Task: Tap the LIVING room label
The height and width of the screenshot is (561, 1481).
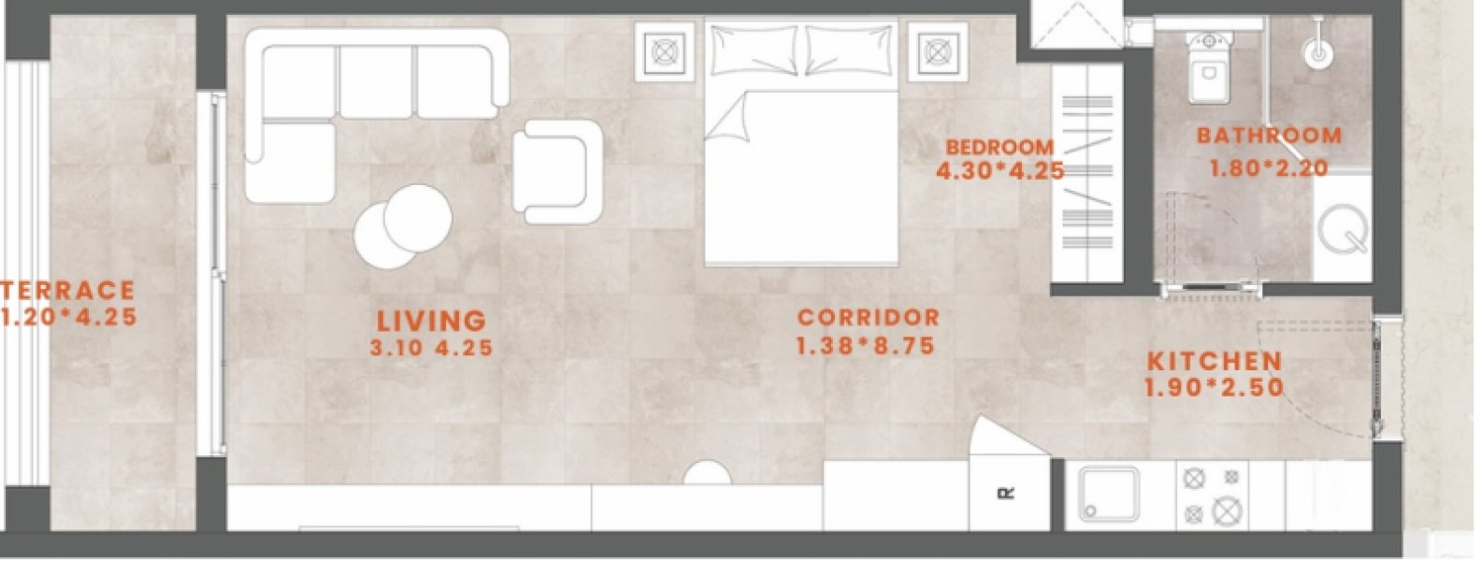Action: click(432, 321)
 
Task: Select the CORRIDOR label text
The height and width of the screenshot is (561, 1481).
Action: click(869, 318)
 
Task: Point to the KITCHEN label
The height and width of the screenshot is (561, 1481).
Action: click(1215, 361)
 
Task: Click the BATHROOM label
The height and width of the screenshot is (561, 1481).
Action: click(1270, 136)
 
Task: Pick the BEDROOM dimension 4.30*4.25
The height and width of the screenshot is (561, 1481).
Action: click(1000, 171)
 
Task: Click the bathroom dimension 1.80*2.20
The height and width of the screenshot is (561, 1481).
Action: click(1269, 168)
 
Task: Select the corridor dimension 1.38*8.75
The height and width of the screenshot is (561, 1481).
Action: click(866, 346)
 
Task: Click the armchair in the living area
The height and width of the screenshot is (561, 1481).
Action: click(557, 172)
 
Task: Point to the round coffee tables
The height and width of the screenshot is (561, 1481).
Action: click(403, 226)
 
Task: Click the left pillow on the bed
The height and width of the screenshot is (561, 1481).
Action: click(755, 50)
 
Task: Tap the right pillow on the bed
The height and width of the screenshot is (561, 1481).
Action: click(850, 50)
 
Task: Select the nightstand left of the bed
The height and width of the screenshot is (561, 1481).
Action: click(665, 51)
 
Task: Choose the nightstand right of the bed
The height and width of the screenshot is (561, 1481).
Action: click(938, 51)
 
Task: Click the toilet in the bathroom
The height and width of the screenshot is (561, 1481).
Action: click(1209, 67)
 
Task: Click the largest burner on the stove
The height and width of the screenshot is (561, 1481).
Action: click(1227, 511)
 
